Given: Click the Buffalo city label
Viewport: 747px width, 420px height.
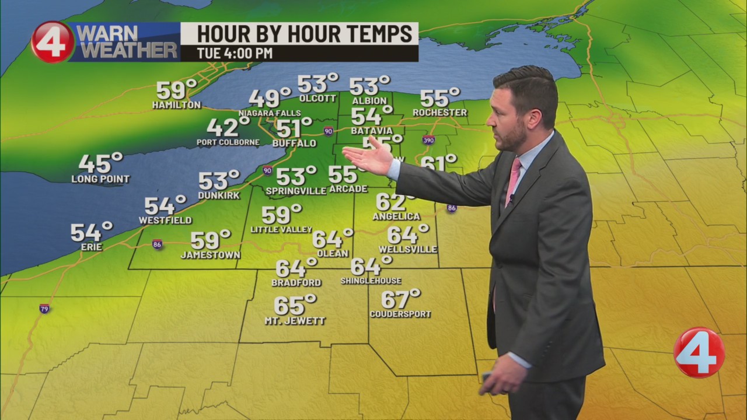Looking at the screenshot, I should tap(294, 143).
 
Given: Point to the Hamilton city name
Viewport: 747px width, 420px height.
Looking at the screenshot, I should tap(176, 106).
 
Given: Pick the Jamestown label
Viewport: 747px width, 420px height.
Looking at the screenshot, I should tap(210, 255).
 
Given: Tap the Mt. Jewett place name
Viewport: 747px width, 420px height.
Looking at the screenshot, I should tap(295, 321).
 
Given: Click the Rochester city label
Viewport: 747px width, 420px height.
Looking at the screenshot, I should tap(439, 113).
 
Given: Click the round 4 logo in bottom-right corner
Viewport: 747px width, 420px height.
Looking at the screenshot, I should tap(699, 352).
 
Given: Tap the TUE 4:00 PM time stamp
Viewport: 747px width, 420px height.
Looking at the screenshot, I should tap(235, 53).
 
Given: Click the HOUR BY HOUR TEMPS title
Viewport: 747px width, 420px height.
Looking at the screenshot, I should tap(299, 34).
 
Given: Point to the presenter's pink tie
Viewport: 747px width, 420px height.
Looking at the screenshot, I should tap(513, 181).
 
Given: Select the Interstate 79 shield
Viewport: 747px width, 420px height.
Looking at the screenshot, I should tap(44, 309).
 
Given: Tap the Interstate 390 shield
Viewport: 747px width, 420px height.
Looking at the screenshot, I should tap(428, 140).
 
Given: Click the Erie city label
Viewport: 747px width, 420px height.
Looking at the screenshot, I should tap(92, 247).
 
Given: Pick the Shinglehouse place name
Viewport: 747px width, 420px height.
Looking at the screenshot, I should tap(371, 281).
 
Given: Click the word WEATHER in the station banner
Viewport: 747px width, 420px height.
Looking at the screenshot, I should tap(128, 50).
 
